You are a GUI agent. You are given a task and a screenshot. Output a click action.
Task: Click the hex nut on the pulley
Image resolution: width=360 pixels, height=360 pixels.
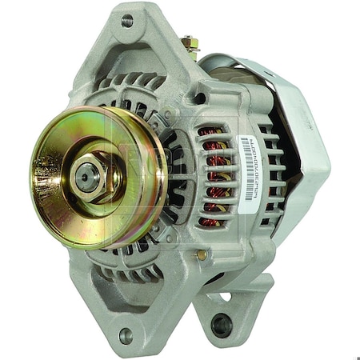point(89,174)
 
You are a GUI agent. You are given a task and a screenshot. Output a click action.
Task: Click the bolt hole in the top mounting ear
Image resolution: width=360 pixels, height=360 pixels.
point(127,21)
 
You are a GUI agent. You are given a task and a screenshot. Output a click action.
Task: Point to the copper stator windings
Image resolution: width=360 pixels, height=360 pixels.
point(213,172)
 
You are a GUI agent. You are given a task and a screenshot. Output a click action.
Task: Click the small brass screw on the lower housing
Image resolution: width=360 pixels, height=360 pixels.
point(202,255)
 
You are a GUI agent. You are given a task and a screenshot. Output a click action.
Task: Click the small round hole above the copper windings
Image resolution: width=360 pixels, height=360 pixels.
point(199,98)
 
